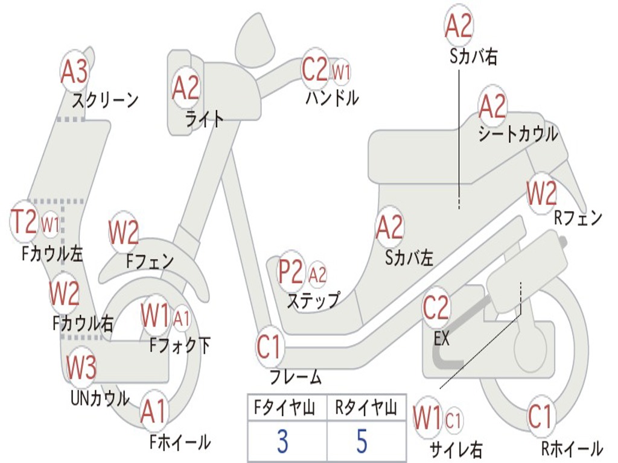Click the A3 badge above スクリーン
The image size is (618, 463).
tap(74, 72)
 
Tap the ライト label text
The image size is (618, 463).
tap(205, 119)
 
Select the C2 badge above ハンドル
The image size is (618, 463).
tap(315, 70)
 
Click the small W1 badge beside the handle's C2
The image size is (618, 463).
tap(342, 72)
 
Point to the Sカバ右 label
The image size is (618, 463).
tap(474, 57)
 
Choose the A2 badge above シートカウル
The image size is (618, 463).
tap(492, 107)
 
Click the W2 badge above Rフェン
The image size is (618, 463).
tap(541, 194)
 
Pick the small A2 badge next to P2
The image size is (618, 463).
tap(317, 275)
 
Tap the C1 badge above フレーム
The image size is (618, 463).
tap(269, 348)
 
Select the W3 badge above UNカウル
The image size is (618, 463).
tap(81, 367)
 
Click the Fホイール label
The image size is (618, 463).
tap(180, 442)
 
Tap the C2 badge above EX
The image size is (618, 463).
tap(436, 308)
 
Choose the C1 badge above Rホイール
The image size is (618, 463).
tap(540, 417)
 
